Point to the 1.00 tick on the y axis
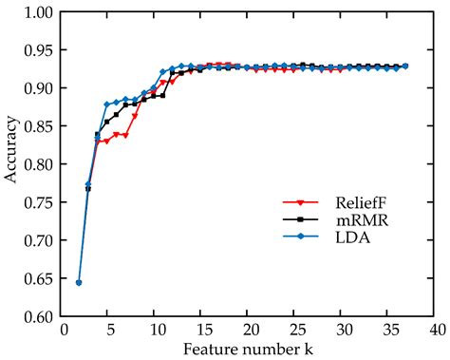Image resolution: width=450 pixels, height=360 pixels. pos(39,12)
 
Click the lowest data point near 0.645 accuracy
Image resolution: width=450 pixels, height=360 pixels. pos(79,282)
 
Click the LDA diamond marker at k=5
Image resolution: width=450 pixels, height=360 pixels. pos(106,104)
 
